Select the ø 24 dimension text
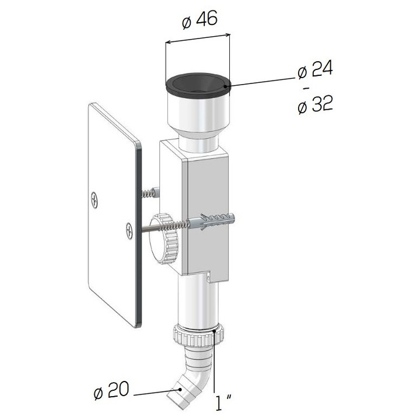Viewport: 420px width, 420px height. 314,71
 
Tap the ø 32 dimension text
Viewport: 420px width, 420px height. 314,106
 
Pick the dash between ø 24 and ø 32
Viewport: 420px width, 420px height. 306,89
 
